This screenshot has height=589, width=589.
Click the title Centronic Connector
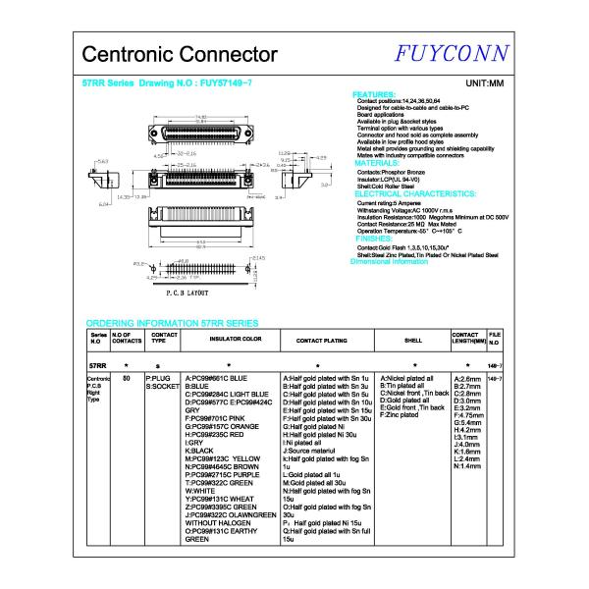point(179,54)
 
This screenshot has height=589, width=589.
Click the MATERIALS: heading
point(377,163)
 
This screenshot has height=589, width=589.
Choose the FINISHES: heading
point(374,239)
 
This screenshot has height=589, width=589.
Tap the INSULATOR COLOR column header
point(235,340)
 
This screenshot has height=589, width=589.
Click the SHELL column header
point(412,340)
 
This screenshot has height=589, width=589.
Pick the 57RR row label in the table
point(97,364)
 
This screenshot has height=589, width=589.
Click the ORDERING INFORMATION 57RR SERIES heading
point(172,322)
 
